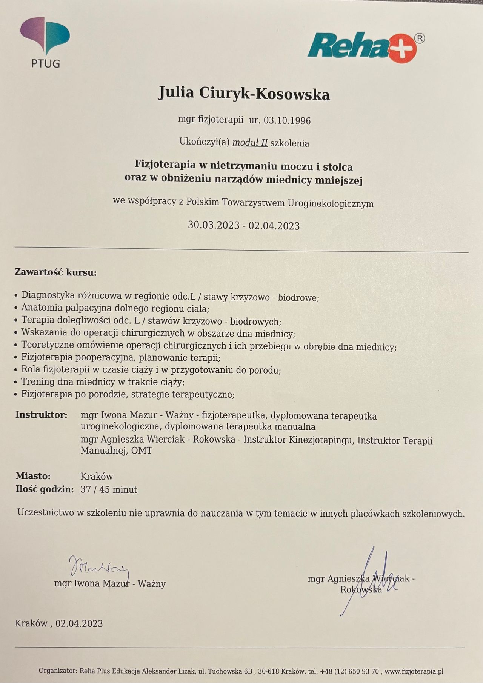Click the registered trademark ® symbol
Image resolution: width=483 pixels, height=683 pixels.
(419, 38)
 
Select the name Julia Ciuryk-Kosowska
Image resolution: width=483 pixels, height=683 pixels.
(244, 93)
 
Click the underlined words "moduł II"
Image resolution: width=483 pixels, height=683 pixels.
(250, 143)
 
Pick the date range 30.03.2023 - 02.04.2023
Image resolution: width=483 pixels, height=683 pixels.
(244, 225)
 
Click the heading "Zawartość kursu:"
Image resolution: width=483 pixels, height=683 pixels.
(55, 272)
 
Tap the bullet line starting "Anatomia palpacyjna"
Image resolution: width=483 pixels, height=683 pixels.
(115, 308)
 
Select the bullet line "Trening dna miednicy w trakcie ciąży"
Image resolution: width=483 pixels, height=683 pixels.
(103, 382)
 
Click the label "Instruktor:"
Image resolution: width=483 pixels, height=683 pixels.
(42, 415)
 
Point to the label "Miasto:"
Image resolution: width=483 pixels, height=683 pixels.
(33, 476)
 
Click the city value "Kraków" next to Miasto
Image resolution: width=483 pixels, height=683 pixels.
(97, 476)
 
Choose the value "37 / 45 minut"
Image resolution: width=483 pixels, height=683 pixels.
(109, 489)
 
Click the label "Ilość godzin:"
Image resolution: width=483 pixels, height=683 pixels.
(45, 489)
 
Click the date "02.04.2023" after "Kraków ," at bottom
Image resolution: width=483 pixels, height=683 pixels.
(79, 623)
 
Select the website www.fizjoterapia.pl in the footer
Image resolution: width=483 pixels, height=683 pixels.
(414, 671)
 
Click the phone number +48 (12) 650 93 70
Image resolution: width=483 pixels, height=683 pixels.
(349, 671)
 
